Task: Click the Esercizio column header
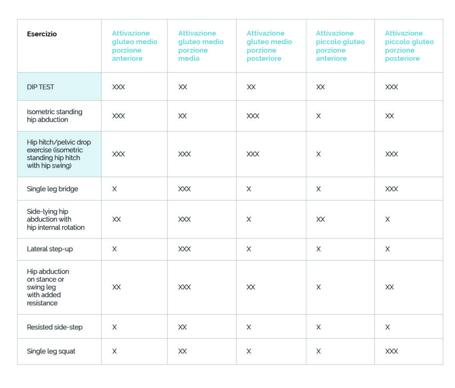42,34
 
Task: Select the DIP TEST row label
40,87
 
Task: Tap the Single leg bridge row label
52,189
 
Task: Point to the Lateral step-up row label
50,249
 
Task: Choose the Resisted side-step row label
55,327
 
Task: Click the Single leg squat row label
51,352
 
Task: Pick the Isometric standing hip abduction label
55,116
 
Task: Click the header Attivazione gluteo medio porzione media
201,46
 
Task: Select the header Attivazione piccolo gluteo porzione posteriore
409,46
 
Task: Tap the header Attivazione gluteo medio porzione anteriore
135,46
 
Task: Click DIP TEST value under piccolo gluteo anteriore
320,87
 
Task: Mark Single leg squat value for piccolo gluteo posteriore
391,352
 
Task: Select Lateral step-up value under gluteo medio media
184,249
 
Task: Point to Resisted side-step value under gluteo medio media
183,327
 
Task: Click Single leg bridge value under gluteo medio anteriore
115,189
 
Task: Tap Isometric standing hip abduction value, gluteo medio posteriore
253,116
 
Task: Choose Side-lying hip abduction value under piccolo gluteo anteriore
320,219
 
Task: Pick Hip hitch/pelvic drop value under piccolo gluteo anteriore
319,154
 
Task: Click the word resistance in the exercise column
42,303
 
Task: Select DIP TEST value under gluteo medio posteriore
251,87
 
